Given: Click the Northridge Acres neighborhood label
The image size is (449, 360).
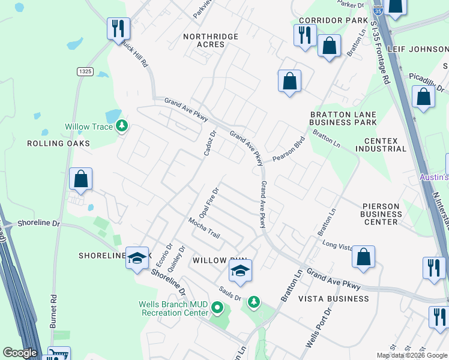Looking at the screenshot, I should coord(211,41).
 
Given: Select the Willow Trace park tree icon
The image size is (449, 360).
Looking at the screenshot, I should coord(122,126).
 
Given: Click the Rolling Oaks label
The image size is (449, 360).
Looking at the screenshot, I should coord(58,143).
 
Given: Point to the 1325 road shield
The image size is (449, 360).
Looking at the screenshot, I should coord(85,71).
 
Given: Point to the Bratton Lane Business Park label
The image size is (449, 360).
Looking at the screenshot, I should coord(343,118).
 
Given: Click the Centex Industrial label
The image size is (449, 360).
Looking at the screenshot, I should coord(381,145).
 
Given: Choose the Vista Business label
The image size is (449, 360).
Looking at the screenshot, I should coord(334,299).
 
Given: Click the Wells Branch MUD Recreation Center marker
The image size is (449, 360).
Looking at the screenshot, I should coord(217,309).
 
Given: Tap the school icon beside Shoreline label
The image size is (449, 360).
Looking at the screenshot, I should coord(137,257).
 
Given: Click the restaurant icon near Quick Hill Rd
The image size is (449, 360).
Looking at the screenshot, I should coord(118,28).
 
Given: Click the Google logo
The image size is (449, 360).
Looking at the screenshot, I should coord(20,353).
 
